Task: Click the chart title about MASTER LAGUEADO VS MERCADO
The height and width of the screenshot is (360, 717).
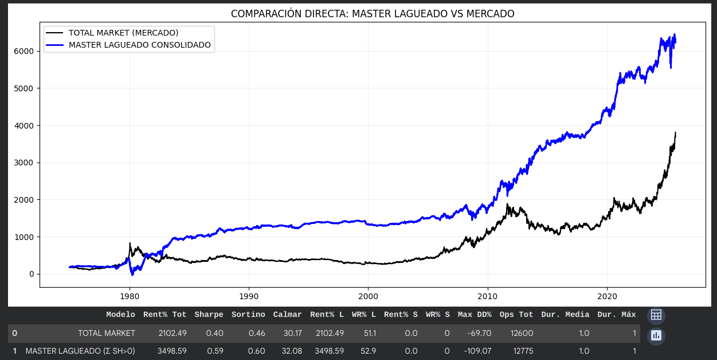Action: coord(373,13)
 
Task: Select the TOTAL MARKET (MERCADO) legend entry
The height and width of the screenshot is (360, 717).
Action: coord(123,33)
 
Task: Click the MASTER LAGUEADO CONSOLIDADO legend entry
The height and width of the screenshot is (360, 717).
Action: coord(139,44)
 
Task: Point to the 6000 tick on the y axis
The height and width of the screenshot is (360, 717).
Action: coord(26,51)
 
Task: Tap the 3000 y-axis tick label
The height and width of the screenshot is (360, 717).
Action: coord(26,162)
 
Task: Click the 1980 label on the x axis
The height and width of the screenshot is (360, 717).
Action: coord(130,296)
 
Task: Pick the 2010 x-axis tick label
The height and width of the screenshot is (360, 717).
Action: coord(487,296)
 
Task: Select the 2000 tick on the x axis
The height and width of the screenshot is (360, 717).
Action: coord(368,296)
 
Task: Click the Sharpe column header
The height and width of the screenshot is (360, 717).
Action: coord(209,315)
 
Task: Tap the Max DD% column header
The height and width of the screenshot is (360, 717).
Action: coord(475,315)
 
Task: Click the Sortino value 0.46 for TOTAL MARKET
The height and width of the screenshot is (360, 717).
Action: coord(255,333)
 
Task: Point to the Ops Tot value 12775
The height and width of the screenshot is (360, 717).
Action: coord(521,351)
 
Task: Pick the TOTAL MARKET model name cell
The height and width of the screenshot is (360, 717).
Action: coord(107,333)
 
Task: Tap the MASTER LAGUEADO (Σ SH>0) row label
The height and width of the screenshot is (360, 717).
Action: coord(80,351)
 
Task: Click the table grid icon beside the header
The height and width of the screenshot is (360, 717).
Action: coord(656,315)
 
